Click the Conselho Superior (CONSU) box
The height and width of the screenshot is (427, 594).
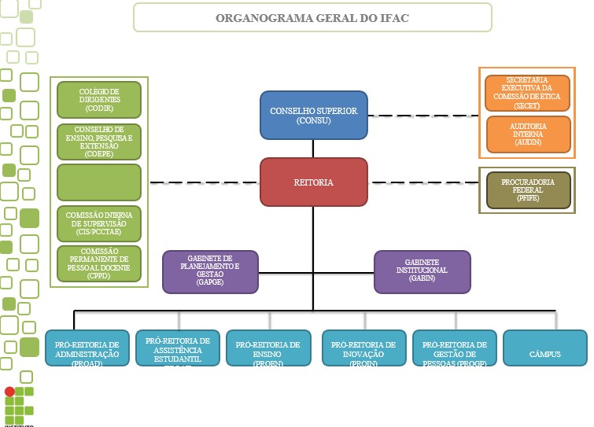coord(314,115)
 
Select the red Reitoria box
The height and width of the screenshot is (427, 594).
coord(314,182)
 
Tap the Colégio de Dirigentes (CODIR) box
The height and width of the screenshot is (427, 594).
coord(99,100)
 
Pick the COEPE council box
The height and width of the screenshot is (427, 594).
coord(99,142)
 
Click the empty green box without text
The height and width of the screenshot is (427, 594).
coord(99,182)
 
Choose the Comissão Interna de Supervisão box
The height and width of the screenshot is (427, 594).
coord(99,223)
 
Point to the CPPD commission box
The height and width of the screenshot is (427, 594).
coord(99,264)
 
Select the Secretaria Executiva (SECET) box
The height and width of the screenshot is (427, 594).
coord(527,93)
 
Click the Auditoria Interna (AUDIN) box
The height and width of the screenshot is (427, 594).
coord(527,134)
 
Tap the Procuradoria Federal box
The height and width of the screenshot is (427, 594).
coord(528,190)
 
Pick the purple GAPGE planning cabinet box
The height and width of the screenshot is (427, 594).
coord(210,271)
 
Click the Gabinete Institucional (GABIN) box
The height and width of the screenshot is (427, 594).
coord(422,271)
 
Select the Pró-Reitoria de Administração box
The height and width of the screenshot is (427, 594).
coord(87,348)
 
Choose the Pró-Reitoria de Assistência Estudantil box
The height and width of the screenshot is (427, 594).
coord(178,348)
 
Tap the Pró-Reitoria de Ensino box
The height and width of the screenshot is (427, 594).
coord(268,348)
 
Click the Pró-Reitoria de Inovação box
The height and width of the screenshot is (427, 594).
coord(363,348)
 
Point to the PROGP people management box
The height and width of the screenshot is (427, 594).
coord(455,348)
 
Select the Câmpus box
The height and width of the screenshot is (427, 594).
coord(544,348)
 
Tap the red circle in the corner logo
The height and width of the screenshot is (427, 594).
coord(9,391)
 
